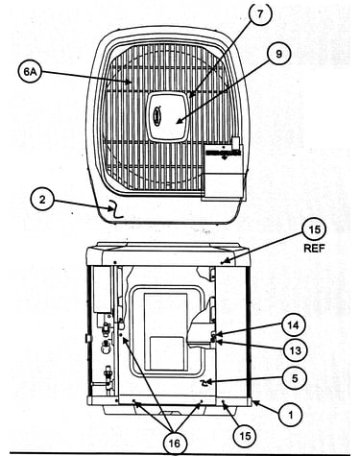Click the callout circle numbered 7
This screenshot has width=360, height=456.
click(259, 14)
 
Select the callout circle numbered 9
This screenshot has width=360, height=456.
click(279, 55)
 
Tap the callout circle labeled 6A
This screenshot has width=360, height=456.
click(30, 71)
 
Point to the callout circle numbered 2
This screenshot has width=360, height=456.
click(42, 200)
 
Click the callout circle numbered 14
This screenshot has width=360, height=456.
click(294, 325)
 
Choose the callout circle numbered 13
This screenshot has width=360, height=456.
click(295, 351)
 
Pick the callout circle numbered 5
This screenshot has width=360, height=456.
click(295, 378)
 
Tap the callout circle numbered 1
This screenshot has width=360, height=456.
click(291, 415)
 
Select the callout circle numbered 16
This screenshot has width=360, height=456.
click(175, 443)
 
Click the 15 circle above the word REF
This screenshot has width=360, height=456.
click(315, 229)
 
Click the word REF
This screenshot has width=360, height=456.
click(314, 249)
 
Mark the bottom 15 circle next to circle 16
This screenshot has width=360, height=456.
click(245, 436)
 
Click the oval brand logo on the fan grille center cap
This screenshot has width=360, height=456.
click(157, 114)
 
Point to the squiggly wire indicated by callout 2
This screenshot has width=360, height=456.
click(115, 209)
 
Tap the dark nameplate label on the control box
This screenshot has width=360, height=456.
click(223, 153)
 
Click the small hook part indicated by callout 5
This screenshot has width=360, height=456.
click(204, 383)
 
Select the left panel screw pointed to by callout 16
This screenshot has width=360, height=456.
click(134, 401)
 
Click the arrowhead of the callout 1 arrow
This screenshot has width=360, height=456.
click(254, 401)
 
